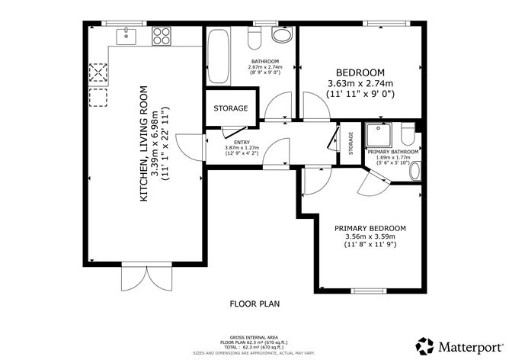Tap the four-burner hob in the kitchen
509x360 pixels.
(x=162, y=34)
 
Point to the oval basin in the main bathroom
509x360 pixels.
(x=281, y=36)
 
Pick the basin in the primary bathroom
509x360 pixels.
(x=415, y=171)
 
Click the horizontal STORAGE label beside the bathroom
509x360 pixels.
(x=230, y=108)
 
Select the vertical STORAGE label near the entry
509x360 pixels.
(x=351, y=143)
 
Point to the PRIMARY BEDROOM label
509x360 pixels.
(x=370, y=228)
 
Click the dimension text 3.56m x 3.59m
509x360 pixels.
(x=370, y=236)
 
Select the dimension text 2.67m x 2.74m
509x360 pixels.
(x=265, y=67)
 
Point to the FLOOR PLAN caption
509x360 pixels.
(x=254, y=304)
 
